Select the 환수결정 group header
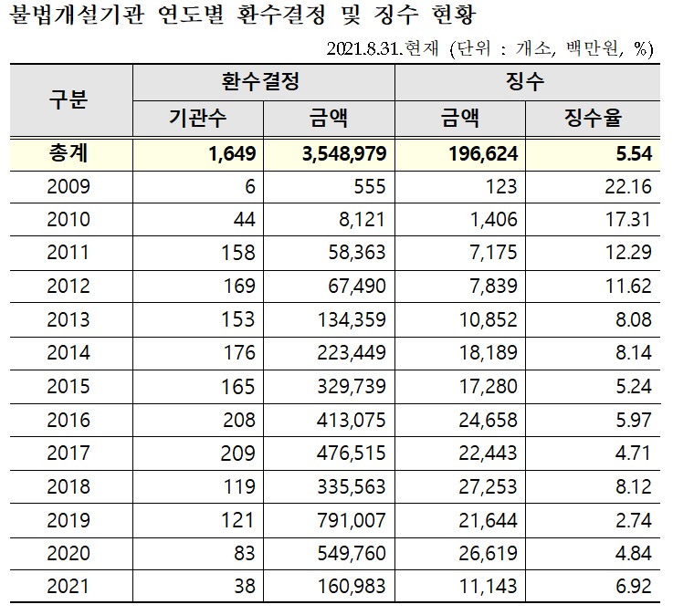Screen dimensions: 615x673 pyautogui.click(x=263, y=82)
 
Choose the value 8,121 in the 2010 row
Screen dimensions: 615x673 pyautogui.click(x=364, y=220)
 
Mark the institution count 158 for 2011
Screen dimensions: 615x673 pyautogui.click(x=238, y=253)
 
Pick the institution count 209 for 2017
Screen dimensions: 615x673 pyautogui.click(x=238, y=453)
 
